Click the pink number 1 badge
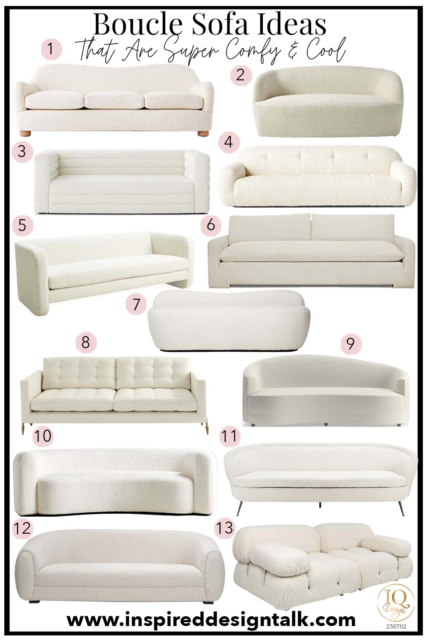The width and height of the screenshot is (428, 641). [x=51, y=49]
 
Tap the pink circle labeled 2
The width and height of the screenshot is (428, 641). [x=241, y=75]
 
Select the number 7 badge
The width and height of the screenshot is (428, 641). [x=136, y=304]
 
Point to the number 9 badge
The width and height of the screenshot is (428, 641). [x=351, y=344]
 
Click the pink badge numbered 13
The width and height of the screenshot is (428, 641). [x=225, y=527]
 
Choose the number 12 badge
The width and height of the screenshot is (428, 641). [x=22, y=528]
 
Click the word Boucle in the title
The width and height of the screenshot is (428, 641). [x=137, y=25]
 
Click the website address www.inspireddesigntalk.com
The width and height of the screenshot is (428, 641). [x=211, y=620]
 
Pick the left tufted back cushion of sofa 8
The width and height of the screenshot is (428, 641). [x=79, y=372]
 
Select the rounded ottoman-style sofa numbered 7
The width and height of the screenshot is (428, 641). [x=229, y=321]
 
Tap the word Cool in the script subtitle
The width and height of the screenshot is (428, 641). [x=325, y=52]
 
